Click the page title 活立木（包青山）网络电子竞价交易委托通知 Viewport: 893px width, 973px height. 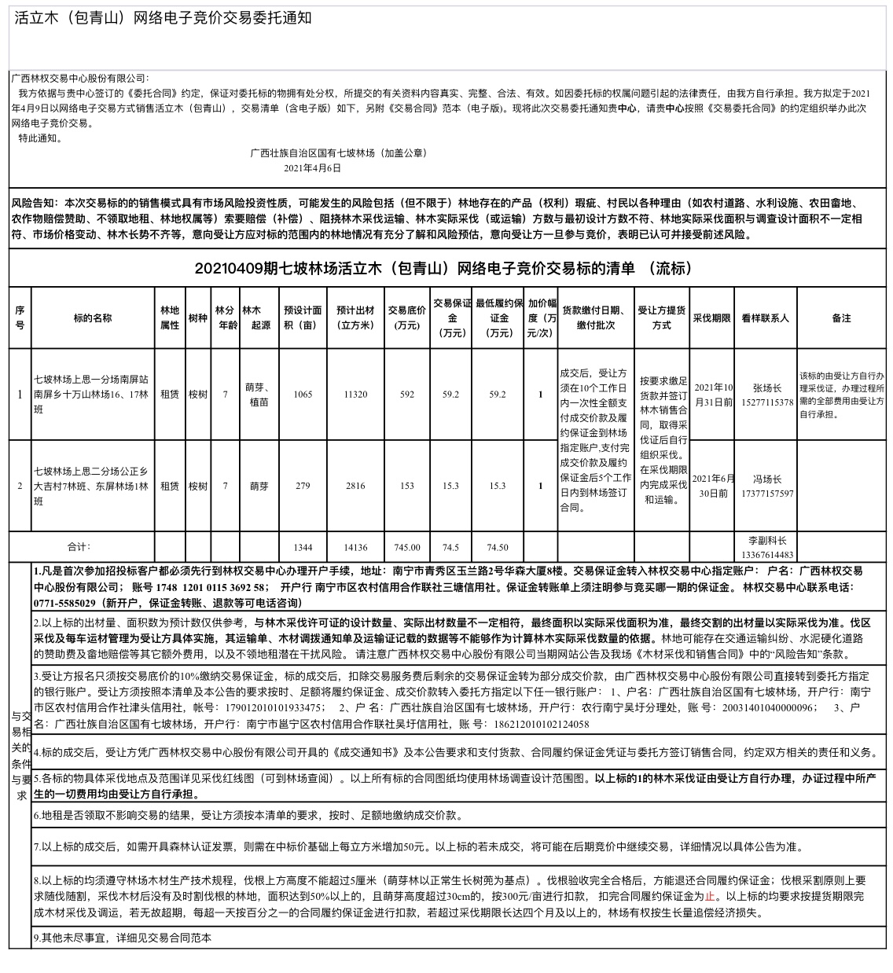[x=163, y=18]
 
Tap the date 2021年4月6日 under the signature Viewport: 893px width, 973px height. [x=312, y=167]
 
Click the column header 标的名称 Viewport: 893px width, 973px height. [x=93, y=318]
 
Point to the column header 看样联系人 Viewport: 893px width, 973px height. [x=765, y=318]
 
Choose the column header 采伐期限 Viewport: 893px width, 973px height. [x=711, y=318]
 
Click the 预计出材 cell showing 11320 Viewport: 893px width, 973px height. [x=355, y=395]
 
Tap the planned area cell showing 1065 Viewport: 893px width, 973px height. [x=303, y=395]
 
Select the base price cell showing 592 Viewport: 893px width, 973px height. [x=406, y=395]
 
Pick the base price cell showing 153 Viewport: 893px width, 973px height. [x=406, y=486]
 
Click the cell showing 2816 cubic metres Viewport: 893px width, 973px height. [x=355, y=486]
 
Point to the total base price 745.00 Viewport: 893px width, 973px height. [x=406, y=547]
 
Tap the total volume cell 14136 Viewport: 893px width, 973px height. [x=355, y=547]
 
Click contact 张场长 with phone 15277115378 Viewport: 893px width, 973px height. [x=766, y=395]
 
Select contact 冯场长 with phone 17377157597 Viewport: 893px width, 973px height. [x=766, y=486]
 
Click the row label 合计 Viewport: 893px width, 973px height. [x=79, y=546]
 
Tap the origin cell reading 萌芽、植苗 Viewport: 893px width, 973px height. [x=259, y=395]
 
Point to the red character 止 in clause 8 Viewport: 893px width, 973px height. [x=710, y=896]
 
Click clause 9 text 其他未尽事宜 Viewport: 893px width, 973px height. [x=126, y=938]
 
